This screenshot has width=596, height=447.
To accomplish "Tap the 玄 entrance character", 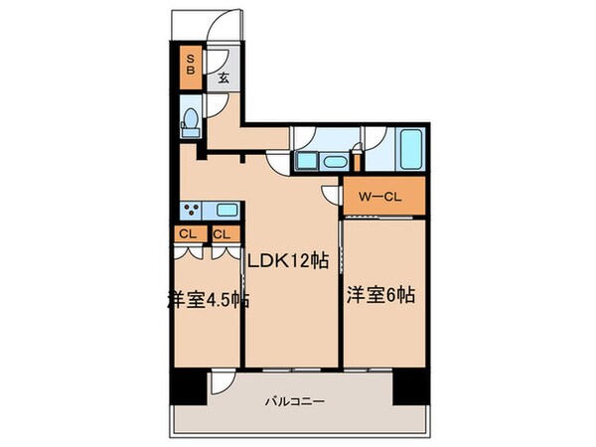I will click(223, 77).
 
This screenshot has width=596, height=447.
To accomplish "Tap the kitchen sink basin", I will click(226, 210).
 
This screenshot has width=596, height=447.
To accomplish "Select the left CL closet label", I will click(187, 234).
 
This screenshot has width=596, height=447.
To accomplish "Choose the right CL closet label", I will click(223, 234).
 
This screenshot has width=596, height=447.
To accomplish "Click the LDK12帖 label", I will click(289, 261).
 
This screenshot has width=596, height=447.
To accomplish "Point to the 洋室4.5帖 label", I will click(207, 299).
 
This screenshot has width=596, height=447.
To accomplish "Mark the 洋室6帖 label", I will click(380, 295).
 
